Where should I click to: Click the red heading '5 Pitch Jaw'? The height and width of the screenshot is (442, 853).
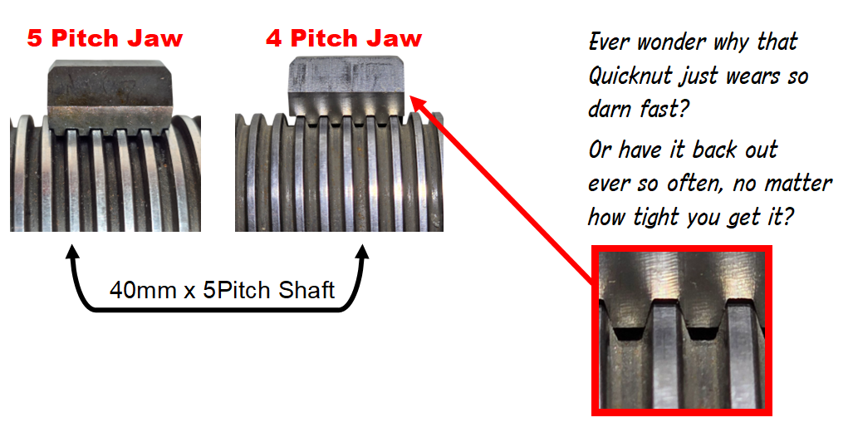click(105, 39)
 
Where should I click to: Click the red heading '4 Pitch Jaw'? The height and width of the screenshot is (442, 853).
click(344, 39)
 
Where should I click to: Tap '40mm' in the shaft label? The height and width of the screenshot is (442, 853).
click(143, 290)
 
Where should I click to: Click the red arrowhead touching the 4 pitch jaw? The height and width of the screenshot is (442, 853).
click(418, 103)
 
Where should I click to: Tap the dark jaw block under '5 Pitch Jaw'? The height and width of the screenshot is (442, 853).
click(111, 97)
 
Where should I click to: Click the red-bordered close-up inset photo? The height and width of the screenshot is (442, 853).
click(682, 330)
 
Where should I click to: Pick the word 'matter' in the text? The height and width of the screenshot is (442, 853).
click(799, 184)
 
